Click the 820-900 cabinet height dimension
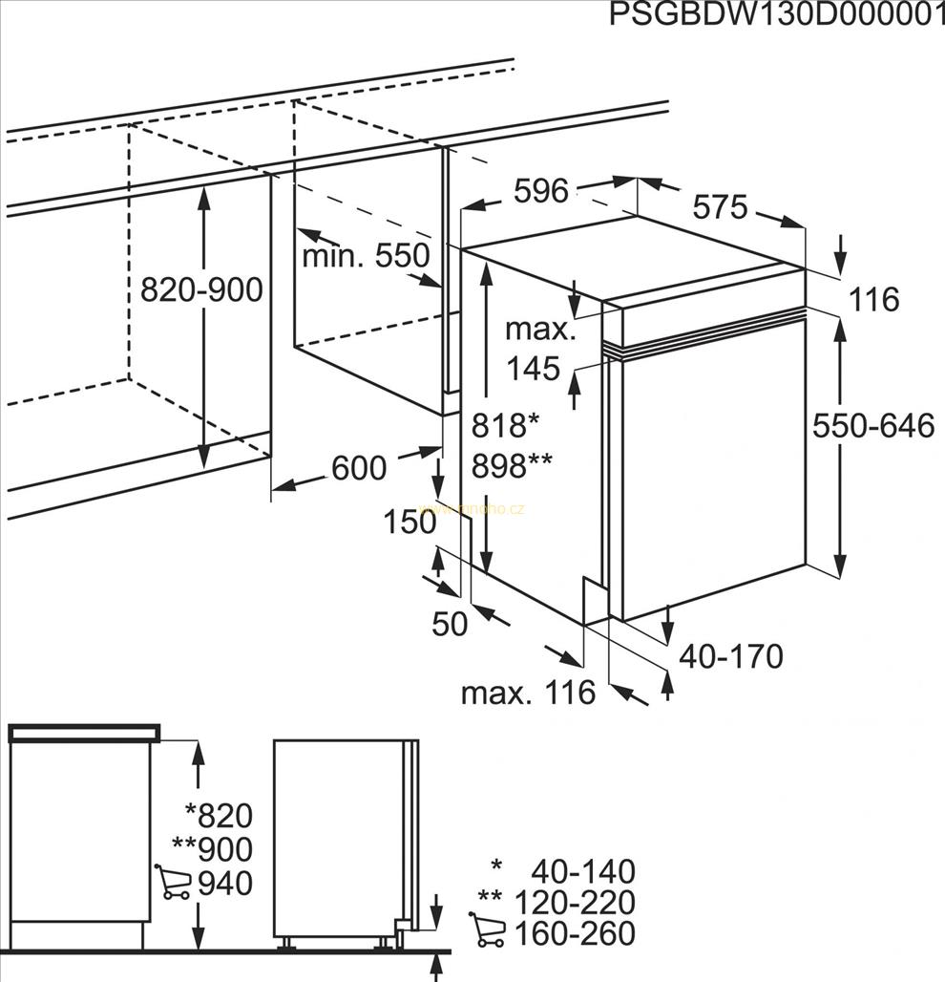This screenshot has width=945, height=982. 200,289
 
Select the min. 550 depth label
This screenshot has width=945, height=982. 366,256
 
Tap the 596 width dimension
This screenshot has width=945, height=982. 541,191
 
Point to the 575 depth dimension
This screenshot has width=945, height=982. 720,207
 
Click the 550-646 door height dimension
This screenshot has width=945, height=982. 873,426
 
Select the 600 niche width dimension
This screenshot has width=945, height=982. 359,468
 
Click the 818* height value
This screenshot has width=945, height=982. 506,425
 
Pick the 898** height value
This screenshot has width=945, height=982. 512,466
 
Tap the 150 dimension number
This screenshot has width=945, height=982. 409,522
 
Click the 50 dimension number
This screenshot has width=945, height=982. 450,624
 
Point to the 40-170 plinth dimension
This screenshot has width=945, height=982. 731,656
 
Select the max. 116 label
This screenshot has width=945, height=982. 528,693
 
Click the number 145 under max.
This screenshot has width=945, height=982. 533,368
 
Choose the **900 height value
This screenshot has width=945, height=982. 212,849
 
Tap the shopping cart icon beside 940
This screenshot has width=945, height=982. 172,883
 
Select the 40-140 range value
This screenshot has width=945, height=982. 582,871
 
